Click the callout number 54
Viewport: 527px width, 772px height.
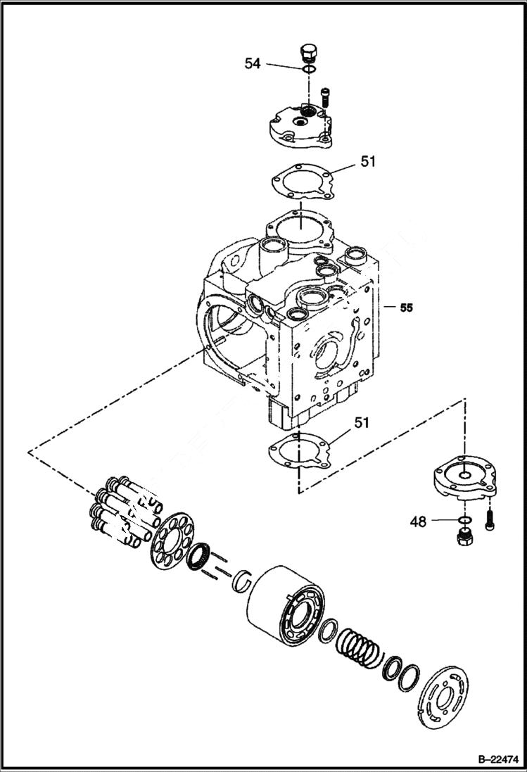pos(253,63)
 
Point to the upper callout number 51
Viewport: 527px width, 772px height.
pos(368,161)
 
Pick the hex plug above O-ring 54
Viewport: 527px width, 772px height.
pos(308,53)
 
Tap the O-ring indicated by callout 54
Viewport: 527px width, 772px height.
pos(307,70)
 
